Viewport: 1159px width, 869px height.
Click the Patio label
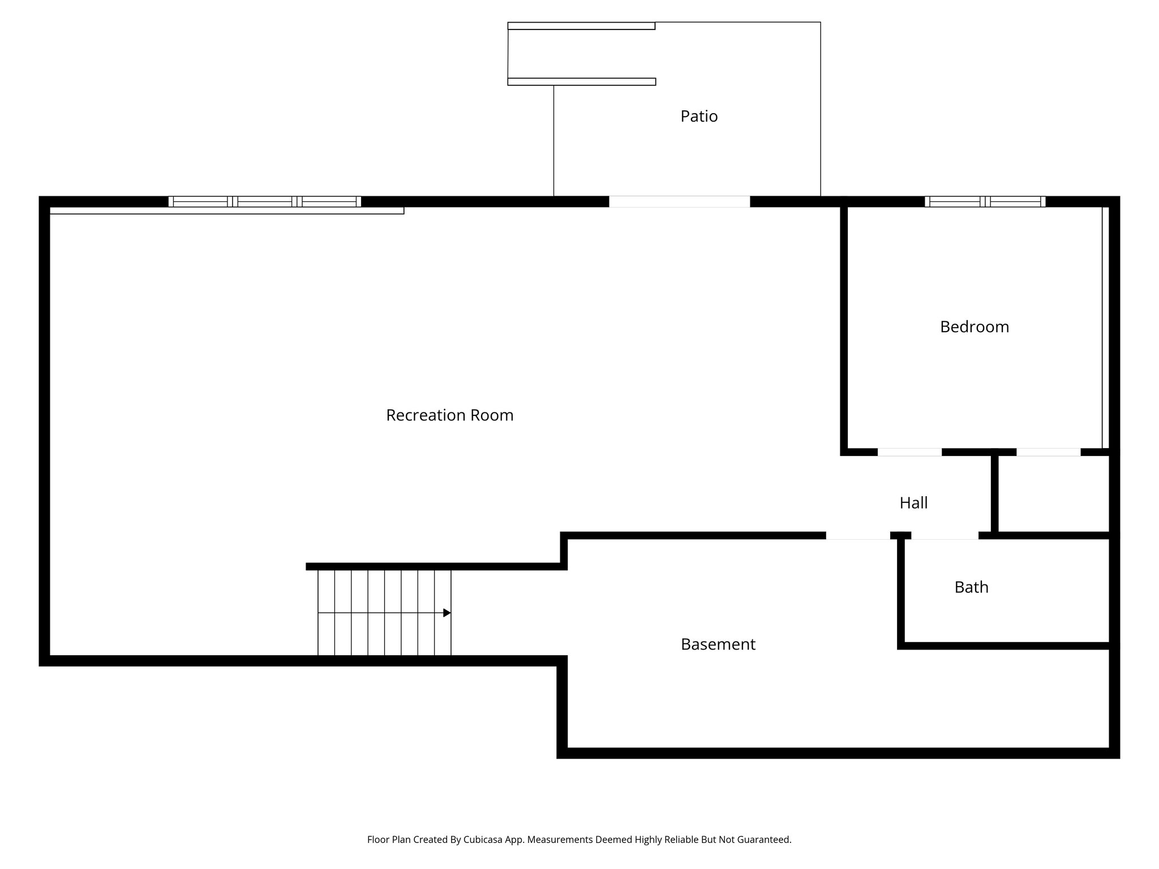coord(699,117)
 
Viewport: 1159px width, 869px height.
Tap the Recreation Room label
coord(449,415)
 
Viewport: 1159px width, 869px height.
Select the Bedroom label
coord(974,327)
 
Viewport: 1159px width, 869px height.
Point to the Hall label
coord(913,503)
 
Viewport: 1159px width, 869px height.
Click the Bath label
coord(971,587)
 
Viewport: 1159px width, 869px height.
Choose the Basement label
coord(718,644)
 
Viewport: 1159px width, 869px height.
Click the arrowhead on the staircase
coord(447,613)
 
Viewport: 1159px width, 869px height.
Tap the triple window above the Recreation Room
coord(264,201)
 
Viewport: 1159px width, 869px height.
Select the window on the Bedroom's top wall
coord(985,201)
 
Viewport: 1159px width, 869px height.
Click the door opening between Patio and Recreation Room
coord(679,201)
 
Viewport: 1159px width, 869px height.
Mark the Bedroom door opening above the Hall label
coord(909,452)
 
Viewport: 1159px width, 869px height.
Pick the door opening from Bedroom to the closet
coord(1048,452)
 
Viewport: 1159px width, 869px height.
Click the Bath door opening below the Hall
coord(944,535)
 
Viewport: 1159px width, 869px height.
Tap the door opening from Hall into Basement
coord(857,535)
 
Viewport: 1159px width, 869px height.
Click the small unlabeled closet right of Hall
coord(1053,493)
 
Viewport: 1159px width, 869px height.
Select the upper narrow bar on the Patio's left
coord(581,26)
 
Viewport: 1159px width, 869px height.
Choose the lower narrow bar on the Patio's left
coord(581,82)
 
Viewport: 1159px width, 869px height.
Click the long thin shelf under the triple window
coord(226,211)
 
